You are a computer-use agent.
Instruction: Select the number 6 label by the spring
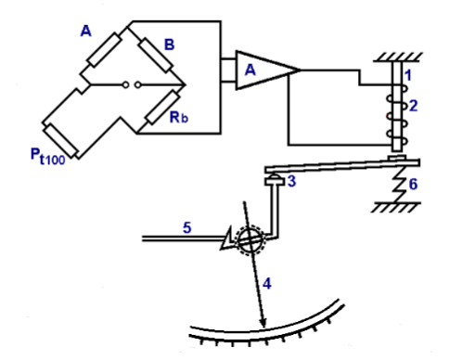[413, 185]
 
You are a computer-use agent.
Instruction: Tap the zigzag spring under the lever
[396, 186]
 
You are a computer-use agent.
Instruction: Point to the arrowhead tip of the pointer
[263, 326]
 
